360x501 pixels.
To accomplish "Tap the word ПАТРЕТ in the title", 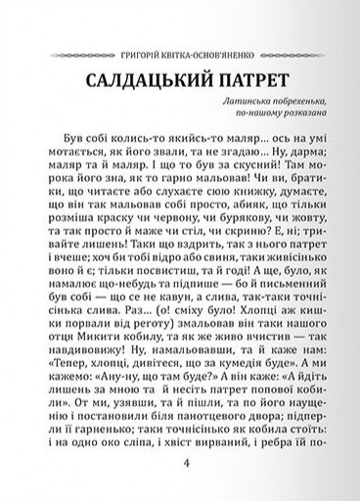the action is pyautogui.click(x=254, y=79).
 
